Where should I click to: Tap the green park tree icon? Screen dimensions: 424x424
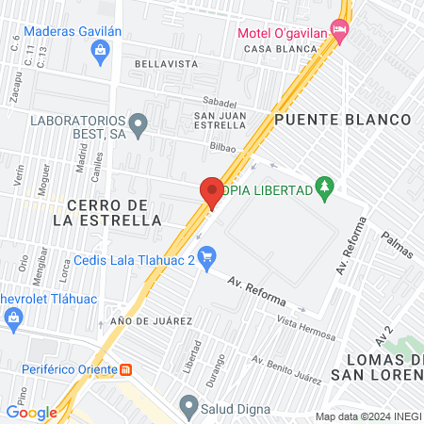(x=325, y=187)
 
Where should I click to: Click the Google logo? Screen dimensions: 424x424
(x=31, y=412)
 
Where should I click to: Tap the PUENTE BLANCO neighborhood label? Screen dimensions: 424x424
(x=343, y=120)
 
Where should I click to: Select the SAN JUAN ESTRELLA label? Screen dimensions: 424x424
(x=220, y=121)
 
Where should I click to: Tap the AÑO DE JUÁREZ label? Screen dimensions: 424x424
(x=151, y=321)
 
